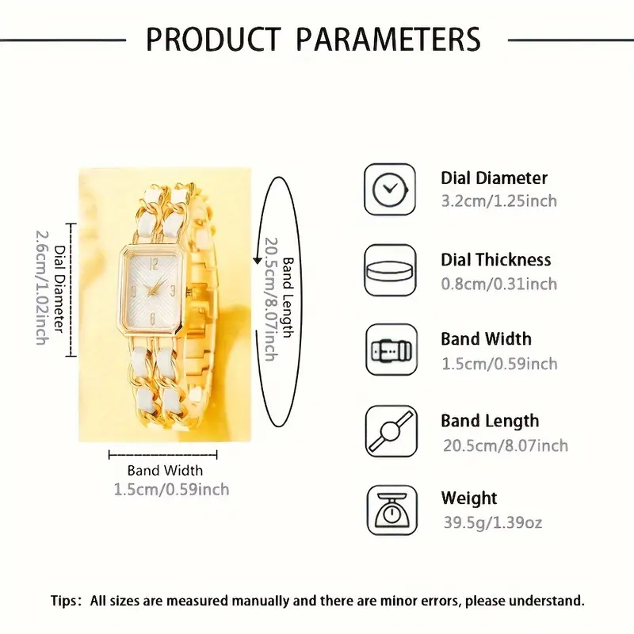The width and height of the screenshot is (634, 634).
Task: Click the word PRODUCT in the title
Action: click(x=213, y=39)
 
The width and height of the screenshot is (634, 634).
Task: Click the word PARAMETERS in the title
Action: click(x=388, y=39)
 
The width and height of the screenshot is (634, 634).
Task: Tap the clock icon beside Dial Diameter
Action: click(x=390, y=189)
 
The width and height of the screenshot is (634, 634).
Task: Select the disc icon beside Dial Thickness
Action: click(x=390, y=270)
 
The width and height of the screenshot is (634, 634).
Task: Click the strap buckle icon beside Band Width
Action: click(x=391, y=349)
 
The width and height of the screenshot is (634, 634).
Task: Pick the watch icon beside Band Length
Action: click(x=391, y=431)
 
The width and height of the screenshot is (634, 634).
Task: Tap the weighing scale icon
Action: click(x=392, y=510)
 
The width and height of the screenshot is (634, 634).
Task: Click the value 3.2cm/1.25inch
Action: click(x=499, y=201)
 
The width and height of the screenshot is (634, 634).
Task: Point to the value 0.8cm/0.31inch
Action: click(x=499, y=284)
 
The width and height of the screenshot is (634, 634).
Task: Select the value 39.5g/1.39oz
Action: click(x=492, y=522)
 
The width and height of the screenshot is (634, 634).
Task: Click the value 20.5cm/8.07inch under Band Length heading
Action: click(x=506, y=445)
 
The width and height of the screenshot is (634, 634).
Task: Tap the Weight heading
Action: click(x=469, y=498)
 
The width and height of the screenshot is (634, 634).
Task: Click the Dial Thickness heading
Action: click(x=496, y=260)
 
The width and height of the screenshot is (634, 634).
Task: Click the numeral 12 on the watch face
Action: click(x=154, y=265)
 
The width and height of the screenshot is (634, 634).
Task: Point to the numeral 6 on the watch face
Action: click(x=152, y=319)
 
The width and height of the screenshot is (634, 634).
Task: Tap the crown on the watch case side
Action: click(x=188, y=290)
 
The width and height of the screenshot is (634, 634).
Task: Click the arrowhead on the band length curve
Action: click(x=257, y=260)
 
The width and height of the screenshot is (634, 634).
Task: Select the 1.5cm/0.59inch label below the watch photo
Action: click(x=171, y=490)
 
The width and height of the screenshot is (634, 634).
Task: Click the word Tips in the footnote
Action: click(x=63, y=601)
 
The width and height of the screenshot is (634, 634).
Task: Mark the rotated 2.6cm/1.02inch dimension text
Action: click(x=42, y=288)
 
